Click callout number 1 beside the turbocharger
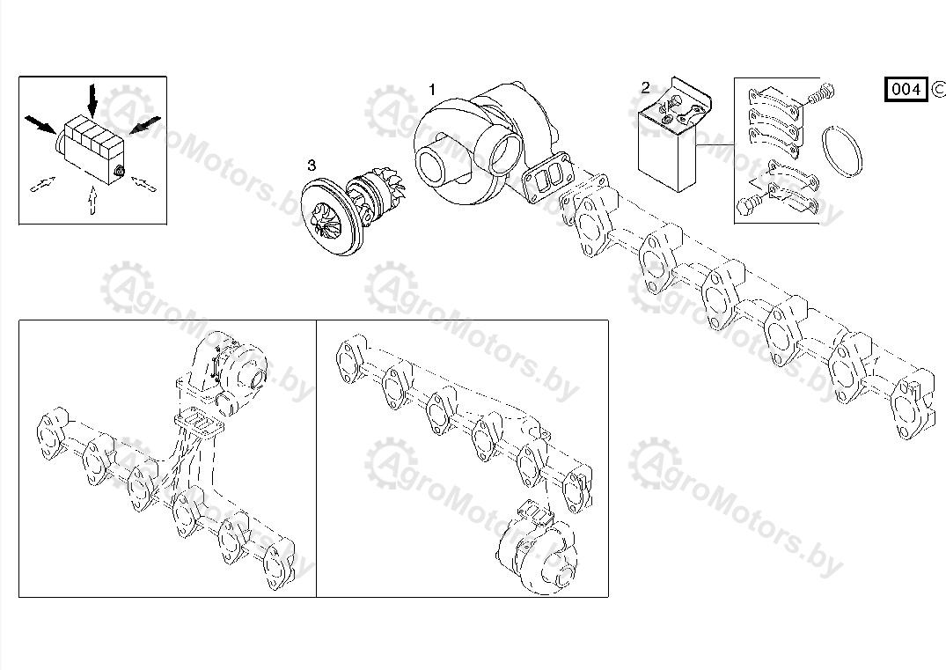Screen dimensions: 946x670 (432, 90)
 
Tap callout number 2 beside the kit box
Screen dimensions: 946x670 (646, 88)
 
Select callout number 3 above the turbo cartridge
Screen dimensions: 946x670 (312, 165)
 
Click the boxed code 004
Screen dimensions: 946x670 (906, 89)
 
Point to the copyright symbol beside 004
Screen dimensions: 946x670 (938, 89)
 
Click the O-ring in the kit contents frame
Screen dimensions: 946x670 (841, 151)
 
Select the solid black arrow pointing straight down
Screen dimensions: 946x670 (92, 100)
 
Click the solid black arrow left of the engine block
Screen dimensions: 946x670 (40, 124)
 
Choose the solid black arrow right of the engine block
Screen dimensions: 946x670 (145, 125)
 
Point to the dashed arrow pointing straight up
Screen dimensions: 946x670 (92, 200)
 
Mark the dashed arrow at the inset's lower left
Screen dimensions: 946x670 (43, 183)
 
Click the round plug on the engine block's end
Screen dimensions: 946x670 (119, 172)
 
